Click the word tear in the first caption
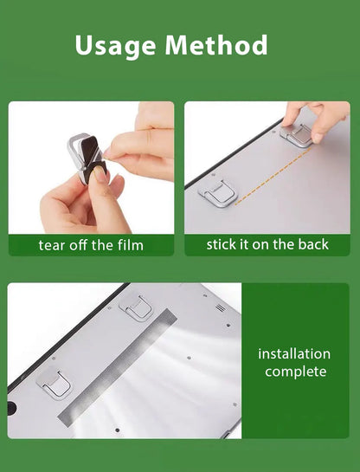(52, 245)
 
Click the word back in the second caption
(313, 244)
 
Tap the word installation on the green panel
(294, 353)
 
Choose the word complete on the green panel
(295, 372)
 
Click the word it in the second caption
(247, 244)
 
